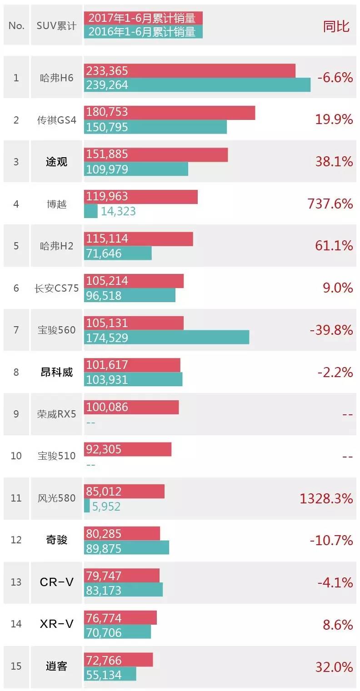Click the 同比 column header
tap(336, 26)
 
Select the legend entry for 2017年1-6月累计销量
tap(143, 18)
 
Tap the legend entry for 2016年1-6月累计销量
tap(143, 31)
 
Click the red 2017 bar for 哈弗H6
tap(190, 71)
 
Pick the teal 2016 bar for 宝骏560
tap(166, 338)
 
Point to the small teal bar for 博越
tap(91, 211)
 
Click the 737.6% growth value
tap(330, 204)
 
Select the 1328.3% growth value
tap(326, 498)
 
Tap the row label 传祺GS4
tap(56, 120)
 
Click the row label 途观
tap(56, 162)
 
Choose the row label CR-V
tap(56, 582)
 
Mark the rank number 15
tap(16, 666)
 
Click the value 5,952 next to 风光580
tap(106, 506)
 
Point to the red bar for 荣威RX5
tap(131, 407)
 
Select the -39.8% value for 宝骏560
tap(331, 330)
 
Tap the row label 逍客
tap(56, 666)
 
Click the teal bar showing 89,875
tap(126, 548)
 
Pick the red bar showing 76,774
tap(120, 618)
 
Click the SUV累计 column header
tap(56, 25)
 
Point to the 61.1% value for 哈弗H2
tap(334, 246)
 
